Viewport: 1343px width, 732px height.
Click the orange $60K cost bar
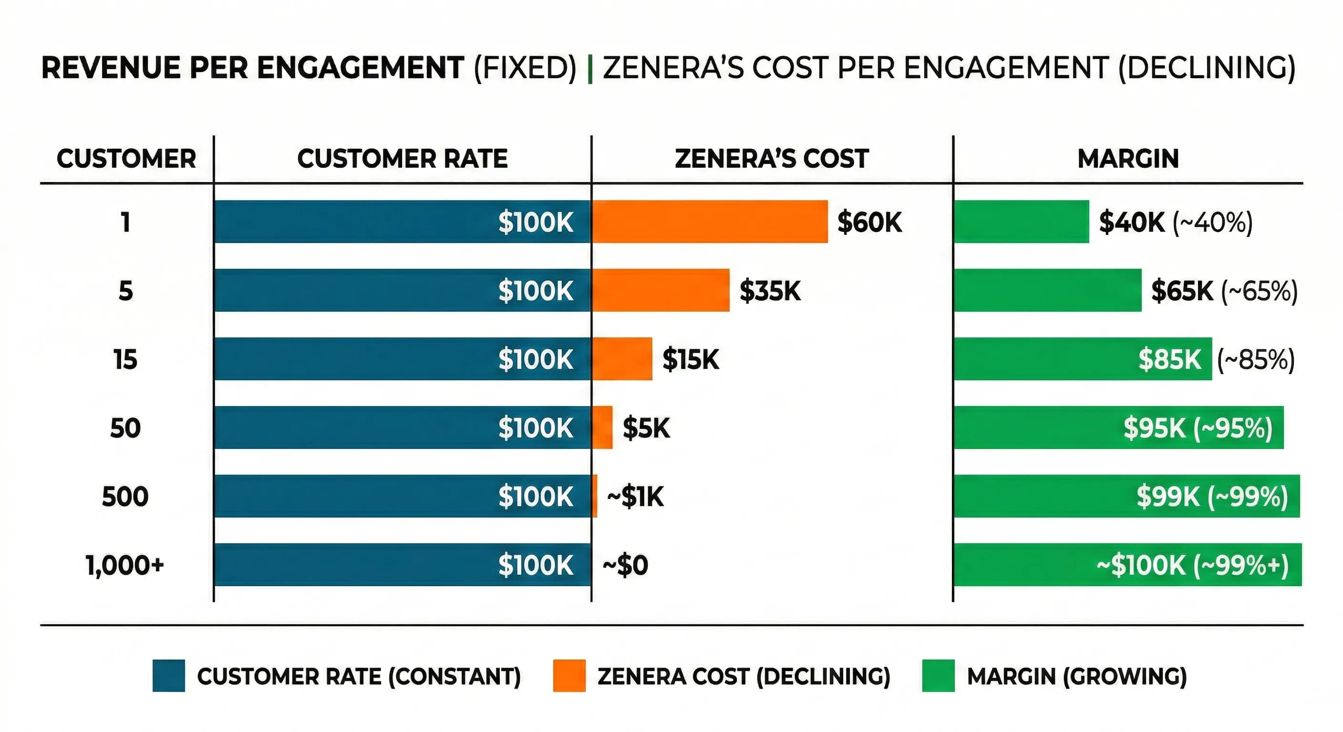710,222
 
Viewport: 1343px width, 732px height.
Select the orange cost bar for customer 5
661,290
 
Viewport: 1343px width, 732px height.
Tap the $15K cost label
690,359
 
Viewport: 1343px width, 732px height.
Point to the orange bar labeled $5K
603,427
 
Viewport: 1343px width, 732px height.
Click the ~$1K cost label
635,496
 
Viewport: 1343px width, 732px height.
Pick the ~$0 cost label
625,565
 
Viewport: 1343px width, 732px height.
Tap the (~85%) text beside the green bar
1255,359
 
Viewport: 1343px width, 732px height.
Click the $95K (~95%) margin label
1198,427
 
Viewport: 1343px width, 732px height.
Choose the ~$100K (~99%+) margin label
1192,565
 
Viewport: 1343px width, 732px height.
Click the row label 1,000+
125,565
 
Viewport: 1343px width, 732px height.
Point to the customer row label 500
125,496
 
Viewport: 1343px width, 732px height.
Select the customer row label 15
125,359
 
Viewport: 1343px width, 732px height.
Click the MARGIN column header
1128,158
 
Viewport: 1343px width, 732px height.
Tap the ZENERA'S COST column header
772,158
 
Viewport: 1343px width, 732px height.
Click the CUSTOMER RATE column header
402,158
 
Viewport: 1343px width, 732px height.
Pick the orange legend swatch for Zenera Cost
569,676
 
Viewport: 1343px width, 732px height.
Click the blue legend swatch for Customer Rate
168,676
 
